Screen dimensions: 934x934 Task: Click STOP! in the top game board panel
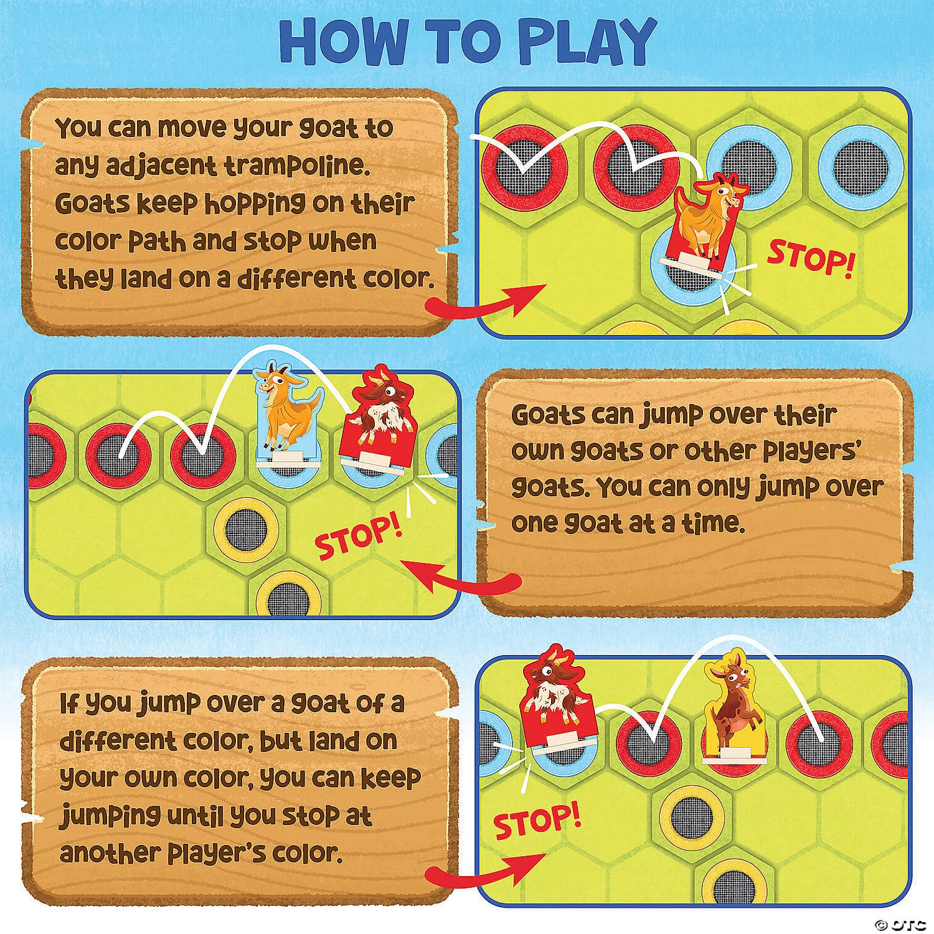pyautogui.click(x=809, y=257)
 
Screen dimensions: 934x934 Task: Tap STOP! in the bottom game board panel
pyautogui.click(x=536, y=821)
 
